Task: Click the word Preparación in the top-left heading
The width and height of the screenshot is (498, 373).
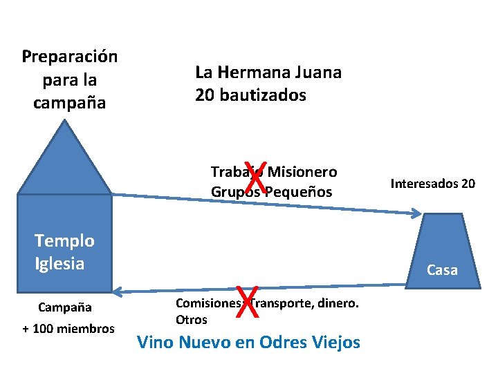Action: click(x=70, y=57)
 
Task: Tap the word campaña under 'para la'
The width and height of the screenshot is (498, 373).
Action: click(x=70, y=104)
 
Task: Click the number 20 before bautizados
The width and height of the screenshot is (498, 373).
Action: click(x=205, y=95)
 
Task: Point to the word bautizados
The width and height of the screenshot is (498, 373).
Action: click(x=261, y=95)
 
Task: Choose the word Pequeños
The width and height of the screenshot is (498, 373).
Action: click(x=299, y=191)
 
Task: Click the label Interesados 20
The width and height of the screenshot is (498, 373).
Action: click(x=433, y=184)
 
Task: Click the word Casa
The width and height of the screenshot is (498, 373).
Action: click(x=442, y=270)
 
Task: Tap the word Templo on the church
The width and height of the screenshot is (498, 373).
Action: click(x=64, y=241)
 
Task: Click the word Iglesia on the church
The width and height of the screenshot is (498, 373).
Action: click(x=59, y=263)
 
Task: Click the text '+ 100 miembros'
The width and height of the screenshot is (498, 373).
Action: click(x=68, y=328)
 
